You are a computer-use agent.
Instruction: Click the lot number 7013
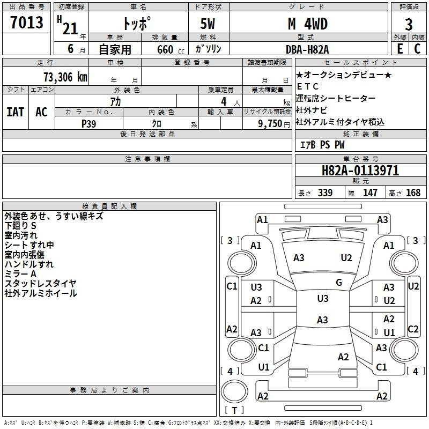click(x=26, y=23)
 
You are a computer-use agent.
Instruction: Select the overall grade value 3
click(x=409, y=25)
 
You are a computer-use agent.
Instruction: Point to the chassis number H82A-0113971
click(x=360, y=171)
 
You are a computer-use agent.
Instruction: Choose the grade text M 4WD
click(x=307, y=25)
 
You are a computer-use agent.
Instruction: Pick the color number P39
click(x=88, y=123)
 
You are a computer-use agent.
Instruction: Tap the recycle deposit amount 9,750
click(x=270, y=123)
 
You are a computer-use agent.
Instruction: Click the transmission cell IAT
click(x=15, y=112)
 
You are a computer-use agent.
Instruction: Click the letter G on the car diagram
click(x=339, y=283)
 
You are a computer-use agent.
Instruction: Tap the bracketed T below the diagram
click(x=234, y=411)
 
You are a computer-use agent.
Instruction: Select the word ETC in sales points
click(x=308, y=86)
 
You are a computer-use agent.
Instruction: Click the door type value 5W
click(x=208, y=25)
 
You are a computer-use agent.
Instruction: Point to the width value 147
click(x=370, y=193)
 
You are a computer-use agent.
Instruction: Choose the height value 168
click(x=413, y=193)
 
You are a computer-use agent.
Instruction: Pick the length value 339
click(x=324, y=193)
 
